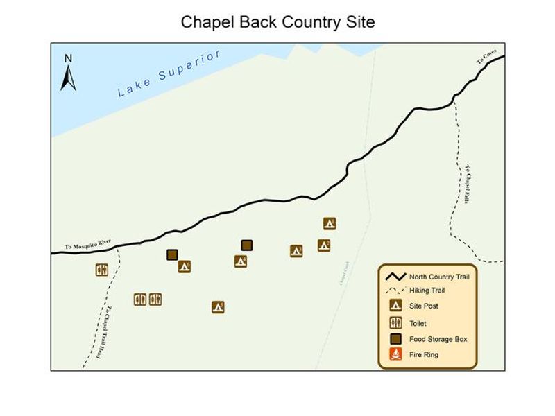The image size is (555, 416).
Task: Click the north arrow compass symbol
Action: pos(68,73)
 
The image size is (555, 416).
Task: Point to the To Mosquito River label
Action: pos(88,245)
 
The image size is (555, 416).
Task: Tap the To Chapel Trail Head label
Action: pos(103,332)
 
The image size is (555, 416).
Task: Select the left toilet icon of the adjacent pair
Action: pos(140,299)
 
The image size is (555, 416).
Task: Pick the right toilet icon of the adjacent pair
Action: pos(155,299)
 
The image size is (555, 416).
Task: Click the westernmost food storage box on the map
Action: pos(172,255)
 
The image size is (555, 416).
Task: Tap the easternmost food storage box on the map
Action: pos(246,245)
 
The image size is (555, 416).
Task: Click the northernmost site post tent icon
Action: pos(330,223)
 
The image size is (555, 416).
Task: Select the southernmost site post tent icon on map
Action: pos(218,306)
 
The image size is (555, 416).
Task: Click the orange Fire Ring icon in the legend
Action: pos(395,355)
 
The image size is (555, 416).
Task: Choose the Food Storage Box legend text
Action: pos(438,339)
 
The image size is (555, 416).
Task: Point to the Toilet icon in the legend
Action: pos(395,322)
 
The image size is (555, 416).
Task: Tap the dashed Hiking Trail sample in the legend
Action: pos(395,291)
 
